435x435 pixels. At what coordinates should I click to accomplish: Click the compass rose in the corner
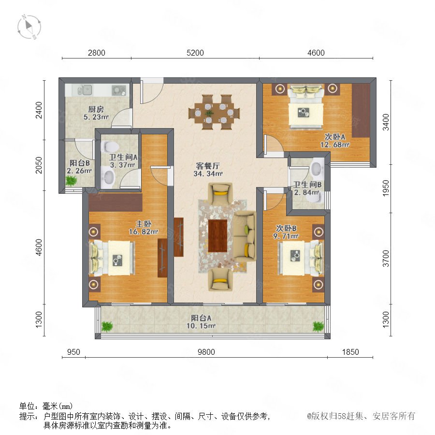(29, 27)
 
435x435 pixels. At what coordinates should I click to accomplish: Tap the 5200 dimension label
(195, 53)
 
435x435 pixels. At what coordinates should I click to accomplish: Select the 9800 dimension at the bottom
(206, 352)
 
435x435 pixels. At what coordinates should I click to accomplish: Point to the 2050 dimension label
(39, 165)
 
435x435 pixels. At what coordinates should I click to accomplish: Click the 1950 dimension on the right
(386, 188)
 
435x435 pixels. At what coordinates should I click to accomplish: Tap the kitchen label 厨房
(96, 109)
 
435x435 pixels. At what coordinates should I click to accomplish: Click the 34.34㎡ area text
(208, 174)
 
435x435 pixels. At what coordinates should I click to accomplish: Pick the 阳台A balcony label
(201, 318)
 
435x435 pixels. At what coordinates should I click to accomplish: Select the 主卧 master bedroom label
(144, 224)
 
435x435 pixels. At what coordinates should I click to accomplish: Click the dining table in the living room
(214, 112)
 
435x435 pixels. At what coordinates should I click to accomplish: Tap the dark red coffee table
(218, 235)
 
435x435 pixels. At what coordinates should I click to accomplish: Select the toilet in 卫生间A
(110, 146)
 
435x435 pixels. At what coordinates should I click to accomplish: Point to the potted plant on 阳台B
(72, 181)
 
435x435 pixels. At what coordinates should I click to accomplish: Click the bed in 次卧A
(306, 106)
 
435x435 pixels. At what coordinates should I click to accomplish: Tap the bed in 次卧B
(301, 258)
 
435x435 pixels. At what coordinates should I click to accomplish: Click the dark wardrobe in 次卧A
(361, 110)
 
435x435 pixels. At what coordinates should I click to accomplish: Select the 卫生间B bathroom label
(307, 185)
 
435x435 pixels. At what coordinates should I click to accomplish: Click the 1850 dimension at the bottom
(350, 352)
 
